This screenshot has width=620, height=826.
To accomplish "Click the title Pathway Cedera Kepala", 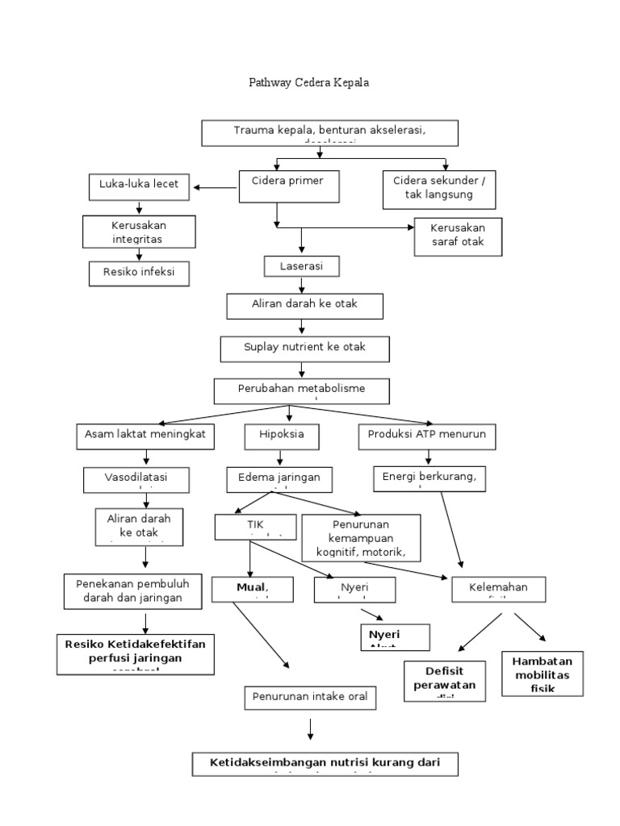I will (x=309, y=83).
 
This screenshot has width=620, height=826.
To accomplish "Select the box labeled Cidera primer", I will (x=288, y=186).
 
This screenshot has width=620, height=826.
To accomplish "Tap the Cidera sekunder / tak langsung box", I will (x=439, y=188).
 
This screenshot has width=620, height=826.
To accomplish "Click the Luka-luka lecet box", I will (x=139, y=187).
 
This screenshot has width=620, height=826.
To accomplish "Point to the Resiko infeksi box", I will (x=139, y=273).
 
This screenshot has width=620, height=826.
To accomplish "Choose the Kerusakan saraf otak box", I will (x=458, y=236).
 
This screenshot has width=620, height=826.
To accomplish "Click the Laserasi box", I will (x=301, y=265).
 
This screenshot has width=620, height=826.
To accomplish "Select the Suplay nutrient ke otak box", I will (x=305, y=348).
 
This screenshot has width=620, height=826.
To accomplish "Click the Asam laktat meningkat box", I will (x=146, y=436).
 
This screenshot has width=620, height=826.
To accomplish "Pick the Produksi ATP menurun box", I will (x=427, y=436).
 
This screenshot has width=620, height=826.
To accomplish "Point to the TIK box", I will (x=255, y=526).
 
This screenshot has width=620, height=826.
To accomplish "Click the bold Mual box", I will (x=251, y=589).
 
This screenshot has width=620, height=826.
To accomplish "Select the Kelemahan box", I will (x=498, y=590).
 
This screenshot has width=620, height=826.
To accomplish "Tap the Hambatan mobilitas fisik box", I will (x=542, y=674).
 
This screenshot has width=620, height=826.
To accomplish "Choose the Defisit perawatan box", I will (x=445, y=681).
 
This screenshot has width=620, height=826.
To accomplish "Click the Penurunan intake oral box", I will (x=310, y=697).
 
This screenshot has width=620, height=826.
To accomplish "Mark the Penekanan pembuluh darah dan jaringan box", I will (x=132, y=590).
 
